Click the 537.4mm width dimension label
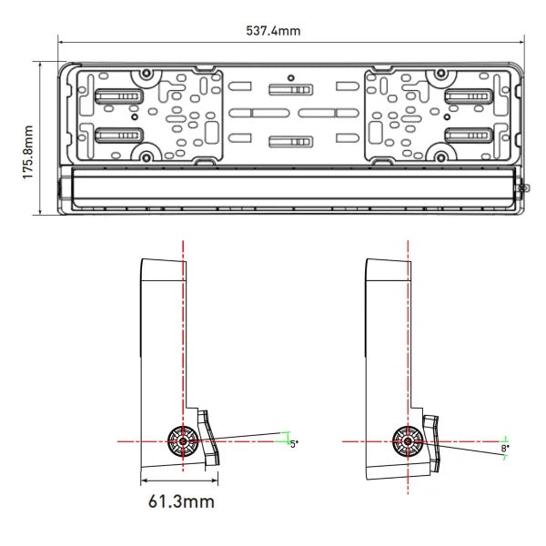click(x=274, y=30)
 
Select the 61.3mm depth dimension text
click(x=182, y=500)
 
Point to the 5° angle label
click(x=293, y=443)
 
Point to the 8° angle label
click(x=505, y=448)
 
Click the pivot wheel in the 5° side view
click(x=183, y=440)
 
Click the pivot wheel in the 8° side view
click(x=407, y=440)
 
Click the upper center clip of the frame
click(x=290, y=90)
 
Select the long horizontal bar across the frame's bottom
click(x=291, y=187)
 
